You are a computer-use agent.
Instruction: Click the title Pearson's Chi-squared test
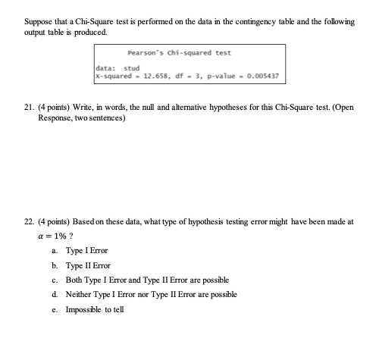(x=190, y=53)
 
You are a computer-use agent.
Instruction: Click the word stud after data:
(x=133, y=69)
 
